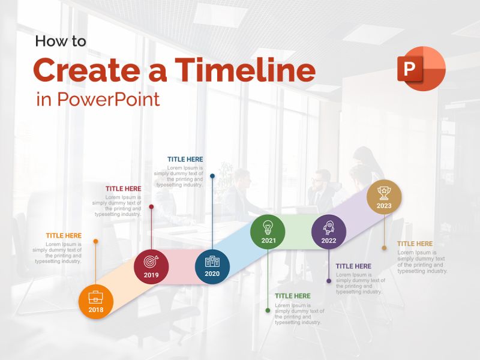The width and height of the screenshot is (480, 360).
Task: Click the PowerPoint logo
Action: tap(421, 68)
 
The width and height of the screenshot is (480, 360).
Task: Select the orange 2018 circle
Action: tap(96, 301)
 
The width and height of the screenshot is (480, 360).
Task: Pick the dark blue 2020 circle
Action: tap(212, 266)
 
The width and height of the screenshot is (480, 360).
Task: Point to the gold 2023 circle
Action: tap(384, 197)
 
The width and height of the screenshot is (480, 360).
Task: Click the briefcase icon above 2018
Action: tap(96, 296)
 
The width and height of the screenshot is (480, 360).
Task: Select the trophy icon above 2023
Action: tap(384, 192)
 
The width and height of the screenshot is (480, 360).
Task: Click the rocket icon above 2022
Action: tap(329, 227)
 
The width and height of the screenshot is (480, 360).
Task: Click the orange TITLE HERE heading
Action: tap(64, 236)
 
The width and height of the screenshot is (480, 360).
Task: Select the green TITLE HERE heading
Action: tap(293, 296)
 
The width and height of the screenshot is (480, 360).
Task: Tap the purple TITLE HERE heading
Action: tap(353, 266)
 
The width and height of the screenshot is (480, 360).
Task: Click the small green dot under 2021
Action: tap(268, 310)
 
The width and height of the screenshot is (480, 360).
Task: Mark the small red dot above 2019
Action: tap(151, 206)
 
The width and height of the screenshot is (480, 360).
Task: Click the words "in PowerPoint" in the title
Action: tap(98, 99)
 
